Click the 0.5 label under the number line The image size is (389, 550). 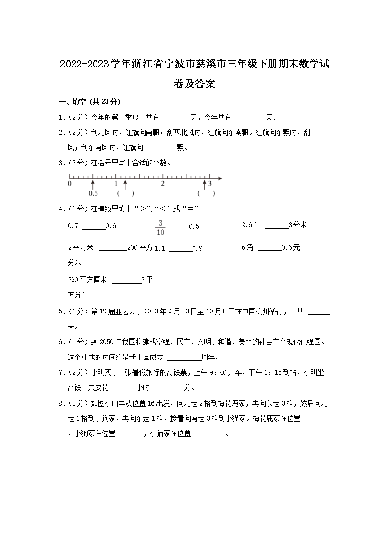tap(93, 193)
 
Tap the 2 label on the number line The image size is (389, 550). tap(162, 183)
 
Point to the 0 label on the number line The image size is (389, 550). tap(69, 183)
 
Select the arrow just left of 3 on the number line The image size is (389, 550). tap(204, 184)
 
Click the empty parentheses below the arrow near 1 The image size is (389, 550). tap(125, 193)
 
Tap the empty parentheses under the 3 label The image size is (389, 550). tap(207, 193)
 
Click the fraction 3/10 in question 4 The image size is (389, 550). tap(160, 227)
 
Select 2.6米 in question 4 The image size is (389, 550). tap(252, 225)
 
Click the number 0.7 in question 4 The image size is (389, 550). tap(73, 226)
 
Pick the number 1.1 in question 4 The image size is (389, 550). tap(160, 248)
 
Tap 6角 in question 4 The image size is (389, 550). tap(247, 248)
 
